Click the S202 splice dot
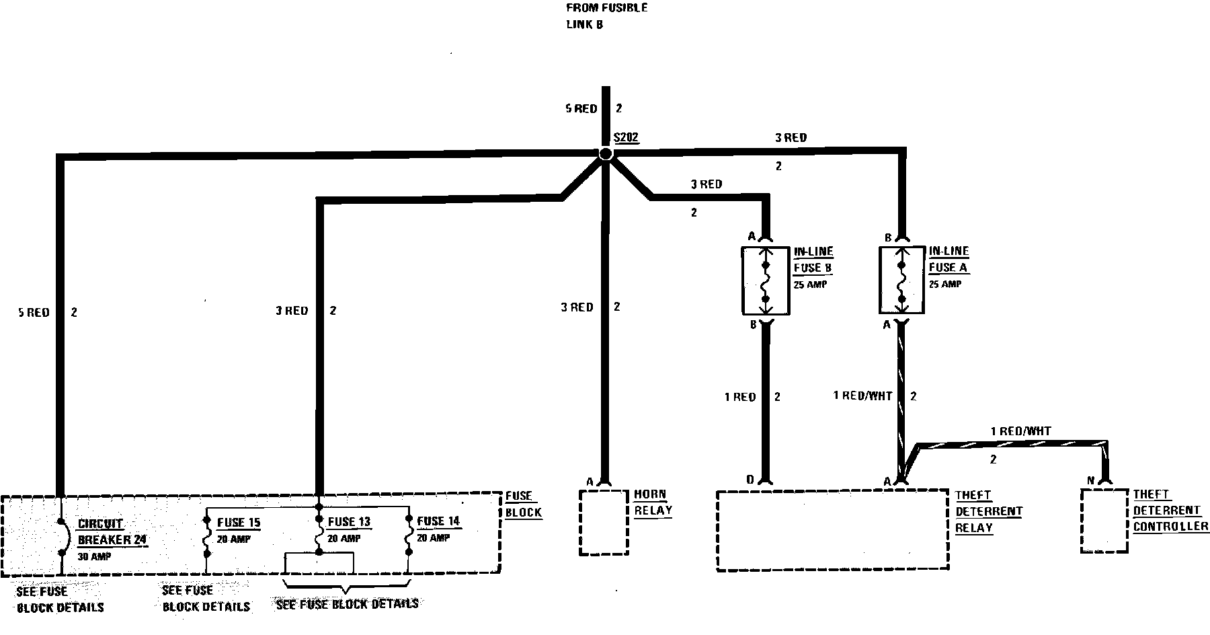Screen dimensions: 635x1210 (606, 154)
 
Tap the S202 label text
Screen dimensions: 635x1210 (626, 138)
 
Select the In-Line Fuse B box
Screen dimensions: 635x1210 (765, 281)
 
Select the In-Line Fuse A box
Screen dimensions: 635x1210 (902, 280)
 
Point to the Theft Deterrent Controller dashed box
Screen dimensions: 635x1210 (1104, 521)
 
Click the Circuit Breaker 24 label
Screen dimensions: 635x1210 (112, 531)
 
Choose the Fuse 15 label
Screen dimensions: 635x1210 (238, 523)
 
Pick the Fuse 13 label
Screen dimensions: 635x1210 (349, 522)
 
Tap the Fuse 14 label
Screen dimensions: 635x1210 (438, 521)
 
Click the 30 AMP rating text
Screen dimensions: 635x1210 (94, 556)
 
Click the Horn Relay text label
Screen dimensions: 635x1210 (650, 502)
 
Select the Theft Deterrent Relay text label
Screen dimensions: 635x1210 (988, 511)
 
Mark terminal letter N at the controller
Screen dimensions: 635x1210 (1090, 480)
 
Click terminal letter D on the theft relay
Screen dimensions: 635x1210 (750, 480)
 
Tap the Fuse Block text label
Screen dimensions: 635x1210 (523, 504)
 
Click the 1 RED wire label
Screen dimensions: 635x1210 (739, 397)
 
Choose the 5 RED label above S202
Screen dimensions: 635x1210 (581, 108)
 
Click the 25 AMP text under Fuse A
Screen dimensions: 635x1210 (945, 285)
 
